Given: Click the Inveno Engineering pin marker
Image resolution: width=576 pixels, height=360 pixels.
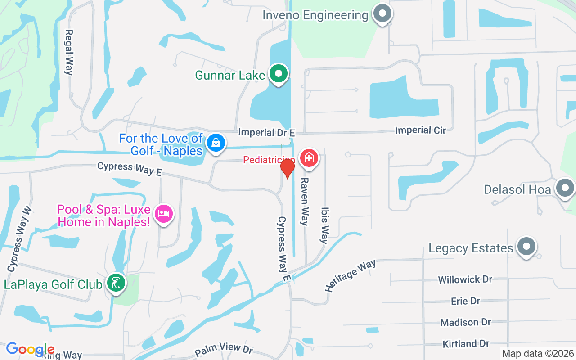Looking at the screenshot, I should pos(382,14).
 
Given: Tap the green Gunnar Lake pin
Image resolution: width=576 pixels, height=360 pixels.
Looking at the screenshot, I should pos(279,74).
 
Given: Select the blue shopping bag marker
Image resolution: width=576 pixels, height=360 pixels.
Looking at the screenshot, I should pos(216,143).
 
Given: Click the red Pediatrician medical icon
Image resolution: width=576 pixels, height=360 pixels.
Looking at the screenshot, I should pos(309,158).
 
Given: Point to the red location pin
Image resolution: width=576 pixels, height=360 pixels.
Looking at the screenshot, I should pos(287,168).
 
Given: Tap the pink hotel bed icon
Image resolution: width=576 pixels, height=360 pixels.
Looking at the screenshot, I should pos(163,213).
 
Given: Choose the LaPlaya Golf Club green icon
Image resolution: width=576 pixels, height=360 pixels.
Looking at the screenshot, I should pos(116,283).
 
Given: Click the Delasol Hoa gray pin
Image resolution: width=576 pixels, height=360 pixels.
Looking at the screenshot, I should pos(565,189).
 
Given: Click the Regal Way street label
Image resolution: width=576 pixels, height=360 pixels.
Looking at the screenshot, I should pos(69,52).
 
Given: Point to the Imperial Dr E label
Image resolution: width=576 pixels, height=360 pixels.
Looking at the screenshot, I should pos(266,132).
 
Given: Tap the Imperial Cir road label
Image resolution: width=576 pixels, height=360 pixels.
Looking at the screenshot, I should pos(420,130).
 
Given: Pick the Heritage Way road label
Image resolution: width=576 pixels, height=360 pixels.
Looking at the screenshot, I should pos(351,275).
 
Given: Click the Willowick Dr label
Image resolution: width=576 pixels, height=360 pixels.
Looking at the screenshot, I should pos(465,279).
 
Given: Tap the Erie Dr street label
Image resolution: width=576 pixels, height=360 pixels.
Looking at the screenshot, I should pos(465,301).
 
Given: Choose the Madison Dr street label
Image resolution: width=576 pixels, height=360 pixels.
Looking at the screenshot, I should pos(465,322).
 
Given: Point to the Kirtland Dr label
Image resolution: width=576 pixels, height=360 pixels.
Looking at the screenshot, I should pos(465,344).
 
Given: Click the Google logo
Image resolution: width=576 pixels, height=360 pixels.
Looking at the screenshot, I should pos(30,349).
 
